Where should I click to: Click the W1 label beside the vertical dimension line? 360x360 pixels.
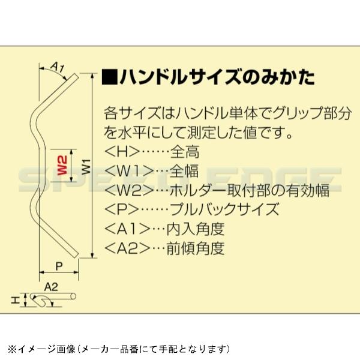85,166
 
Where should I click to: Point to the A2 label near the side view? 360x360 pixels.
51,287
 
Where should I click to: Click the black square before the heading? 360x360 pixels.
110,78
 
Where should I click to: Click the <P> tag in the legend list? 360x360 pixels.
121,209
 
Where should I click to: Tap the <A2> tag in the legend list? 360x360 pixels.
129,248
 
